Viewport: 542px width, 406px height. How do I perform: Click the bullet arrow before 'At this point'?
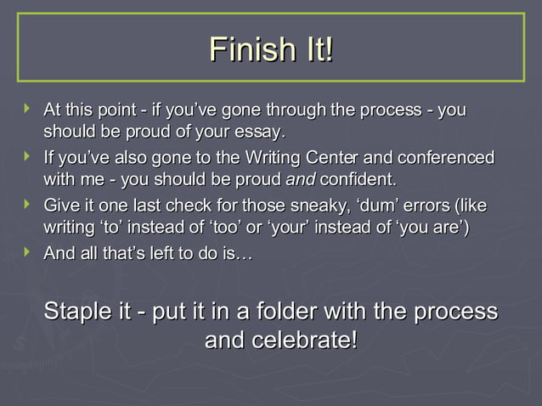(x=28, y=110)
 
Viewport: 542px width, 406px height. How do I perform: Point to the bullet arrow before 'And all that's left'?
(x=28, y=252)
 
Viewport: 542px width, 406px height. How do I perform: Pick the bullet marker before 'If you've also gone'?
(x=28, y=157)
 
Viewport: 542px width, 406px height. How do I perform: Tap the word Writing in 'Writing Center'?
(x=273, y=158)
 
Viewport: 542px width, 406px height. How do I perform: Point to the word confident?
(x=357, y=180)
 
